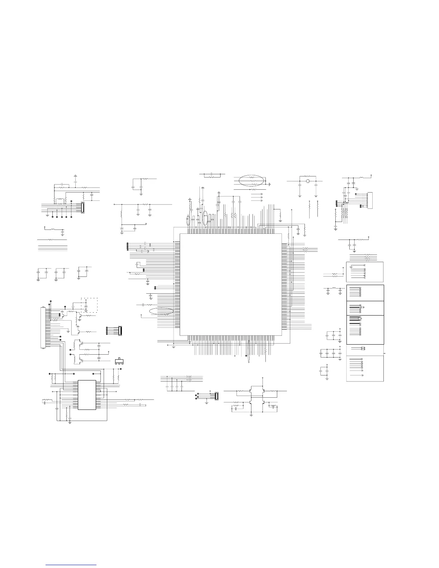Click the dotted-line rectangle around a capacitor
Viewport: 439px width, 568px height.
pos(89,305)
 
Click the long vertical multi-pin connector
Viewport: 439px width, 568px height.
pos(43,327)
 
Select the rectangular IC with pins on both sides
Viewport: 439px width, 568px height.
pos(87,394)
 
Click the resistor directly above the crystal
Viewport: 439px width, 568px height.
pos(307,176)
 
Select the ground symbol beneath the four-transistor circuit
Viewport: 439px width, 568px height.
pos(251,415)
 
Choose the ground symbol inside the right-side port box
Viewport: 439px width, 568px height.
pos(351,266)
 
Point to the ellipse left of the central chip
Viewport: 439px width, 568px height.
pos(161,312)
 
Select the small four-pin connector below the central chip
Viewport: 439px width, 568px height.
pos(216,396)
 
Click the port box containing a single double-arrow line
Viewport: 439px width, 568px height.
pos(365,349)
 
